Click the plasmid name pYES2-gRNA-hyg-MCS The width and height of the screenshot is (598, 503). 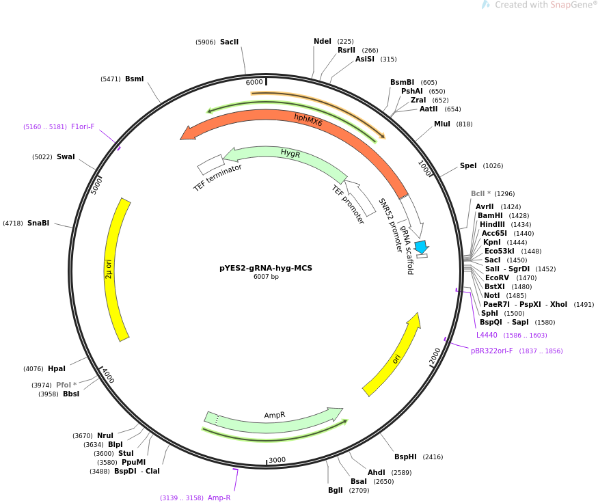click(266, 268)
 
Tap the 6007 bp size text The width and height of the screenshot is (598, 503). click(266, 277)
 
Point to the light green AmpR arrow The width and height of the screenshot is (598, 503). click(273, 421)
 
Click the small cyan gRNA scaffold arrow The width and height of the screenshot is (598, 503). click(422, 247)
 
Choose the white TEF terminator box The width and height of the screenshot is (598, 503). click(210, 164)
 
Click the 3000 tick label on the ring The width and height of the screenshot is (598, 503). click(277, 460)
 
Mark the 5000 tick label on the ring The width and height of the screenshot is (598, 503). click(97, 185)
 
